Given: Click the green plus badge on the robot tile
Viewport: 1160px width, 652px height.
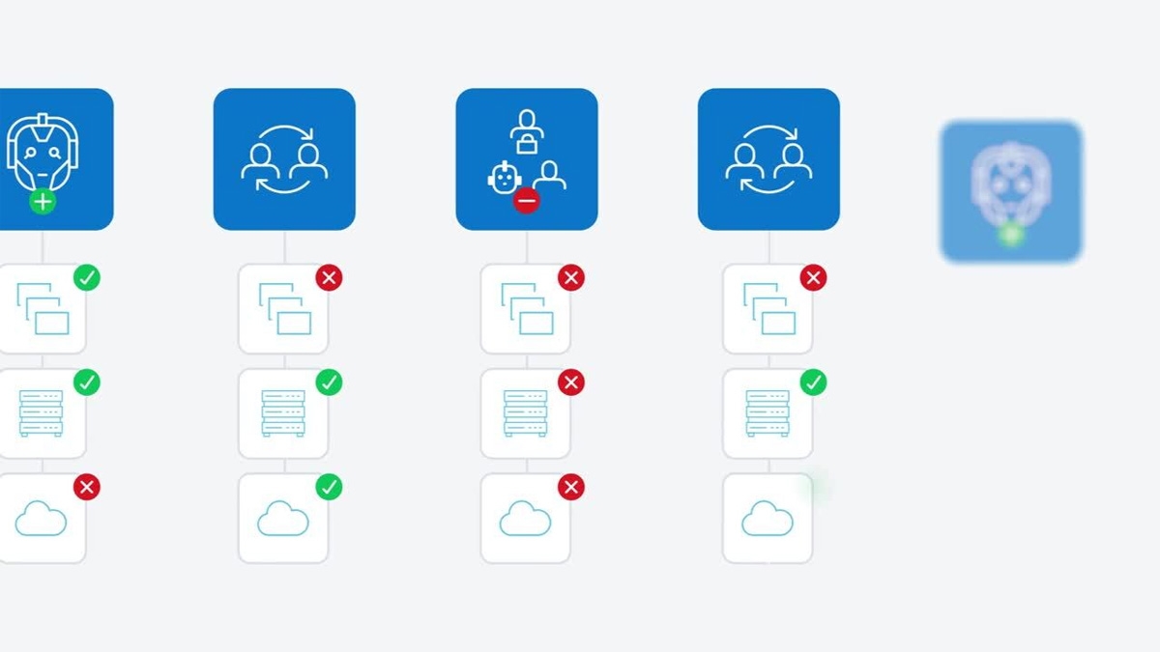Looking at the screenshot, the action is (x=43, y=202).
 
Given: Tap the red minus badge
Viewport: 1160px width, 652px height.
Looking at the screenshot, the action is (x=526, y=202).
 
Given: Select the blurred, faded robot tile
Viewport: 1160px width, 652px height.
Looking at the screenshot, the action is (x=1011, y=191).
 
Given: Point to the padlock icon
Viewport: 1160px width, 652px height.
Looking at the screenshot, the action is (x=527, y=144).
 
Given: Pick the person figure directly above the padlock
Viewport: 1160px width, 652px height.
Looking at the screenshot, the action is (x=527, y=122).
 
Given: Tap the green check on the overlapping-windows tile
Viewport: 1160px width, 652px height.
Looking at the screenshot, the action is (x=87, y=278).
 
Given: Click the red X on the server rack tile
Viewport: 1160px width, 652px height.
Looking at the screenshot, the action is (x=571, y=383).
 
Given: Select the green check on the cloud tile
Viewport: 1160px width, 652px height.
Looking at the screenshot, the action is (x=330, y=486).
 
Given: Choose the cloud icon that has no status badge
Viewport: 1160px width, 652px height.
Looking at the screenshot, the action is (x=767, y=519).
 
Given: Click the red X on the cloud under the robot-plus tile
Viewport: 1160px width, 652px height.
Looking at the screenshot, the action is (x=87, y=486).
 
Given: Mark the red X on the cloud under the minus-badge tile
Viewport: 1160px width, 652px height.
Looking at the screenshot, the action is (x=571, y=486).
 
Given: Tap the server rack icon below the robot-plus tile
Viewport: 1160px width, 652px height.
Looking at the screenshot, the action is (x=41, y=413).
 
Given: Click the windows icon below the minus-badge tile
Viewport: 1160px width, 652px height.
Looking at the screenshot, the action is (x=526, y=309).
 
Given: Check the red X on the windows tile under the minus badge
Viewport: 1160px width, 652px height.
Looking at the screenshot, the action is (x=571, y=278).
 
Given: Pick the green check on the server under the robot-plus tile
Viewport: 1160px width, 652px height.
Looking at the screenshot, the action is (x=87, y=383).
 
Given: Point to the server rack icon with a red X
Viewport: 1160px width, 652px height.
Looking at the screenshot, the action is (x=525, y=413).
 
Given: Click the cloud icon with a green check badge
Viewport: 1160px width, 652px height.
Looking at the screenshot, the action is (x=282, y=519).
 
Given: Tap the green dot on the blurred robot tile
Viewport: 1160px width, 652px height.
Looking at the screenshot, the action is (x=1011, y=234).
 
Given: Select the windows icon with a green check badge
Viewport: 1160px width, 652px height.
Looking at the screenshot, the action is (x=42, y=309).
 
